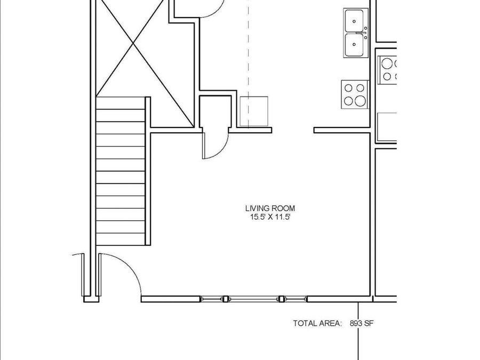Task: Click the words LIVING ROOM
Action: [269, 209]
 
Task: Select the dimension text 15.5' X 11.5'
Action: [269, 217]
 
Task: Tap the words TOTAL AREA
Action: [317, 323]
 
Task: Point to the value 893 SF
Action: [364, 323]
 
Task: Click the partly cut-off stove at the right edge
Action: [388, 69]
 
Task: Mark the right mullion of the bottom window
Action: [282, 299]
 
